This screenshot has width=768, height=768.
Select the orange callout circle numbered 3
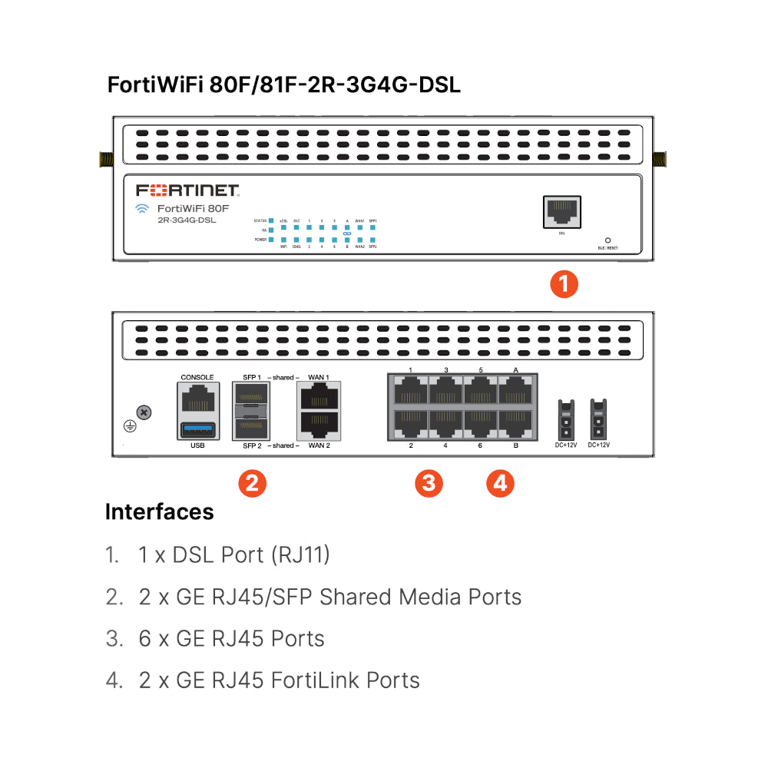(429, 483)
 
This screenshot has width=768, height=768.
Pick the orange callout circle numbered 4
(500, 483)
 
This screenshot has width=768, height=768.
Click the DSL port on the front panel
(561, 211)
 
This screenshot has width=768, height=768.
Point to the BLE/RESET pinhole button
(607, 240)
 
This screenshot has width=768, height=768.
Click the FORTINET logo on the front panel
(188, 190)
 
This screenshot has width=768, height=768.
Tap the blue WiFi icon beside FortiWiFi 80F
(141, 209)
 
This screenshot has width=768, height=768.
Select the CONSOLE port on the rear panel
(197, 399)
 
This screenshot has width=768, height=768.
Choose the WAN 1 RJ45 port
(319, 398)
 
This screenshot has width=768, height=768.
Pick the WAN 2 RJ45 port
(319, 425)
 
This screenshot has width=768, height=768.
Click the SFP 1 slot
(251, 397)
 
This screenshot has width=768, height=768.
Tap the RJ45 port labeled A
(515, 391)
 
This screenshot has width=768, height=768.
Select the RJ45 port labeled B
(515, 422)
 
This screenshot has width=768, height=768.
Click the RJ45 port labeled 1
(411, 391)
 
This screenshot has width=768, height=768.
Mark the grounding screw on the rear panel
(144, 412)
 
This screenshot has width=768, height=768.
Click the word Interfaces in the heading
(159, 511)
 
